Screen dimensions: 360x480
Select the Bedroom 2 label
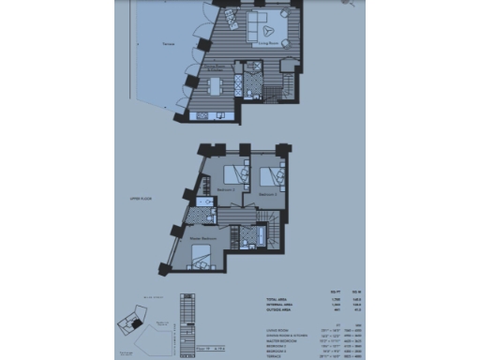point(225,188)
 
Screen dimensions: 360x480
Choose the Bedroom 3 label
point(268,191)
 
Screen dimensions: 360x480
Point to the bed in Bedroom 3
point(271,175)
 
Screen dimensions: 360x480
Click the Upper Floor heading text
point(139,200)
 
